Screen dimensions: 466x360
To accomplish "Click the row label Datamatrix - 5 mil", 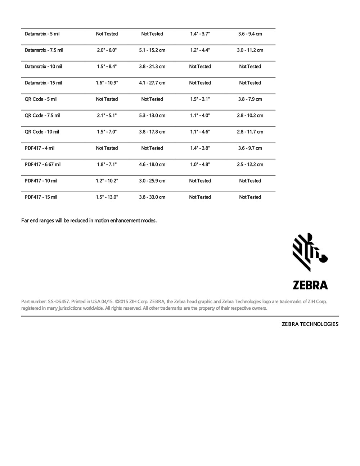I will (x=42, y=34).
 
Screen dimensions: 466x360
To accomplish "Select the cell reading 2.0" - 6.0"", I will (x=107, y=50).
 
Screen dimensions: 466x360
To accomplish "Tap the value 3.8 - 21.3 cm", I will (x=152, y=67).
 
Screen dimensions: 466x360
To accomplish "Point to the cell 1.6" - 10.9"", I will (x=107, y=83).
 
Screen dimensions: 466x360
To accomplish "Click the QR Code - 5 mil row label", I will (x=41, y=99).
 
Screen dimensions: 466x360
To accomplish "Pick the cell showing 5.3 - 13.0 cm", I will (x=152, y=116).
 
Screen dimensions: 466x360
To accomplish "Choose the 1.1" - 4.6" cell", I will (x=200, y=132).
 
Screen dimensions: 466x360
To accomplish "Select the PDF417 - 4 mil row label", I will (x=40, y=148).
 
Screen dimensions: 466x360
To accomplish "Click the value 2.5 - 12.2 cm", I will (x=250, y=165).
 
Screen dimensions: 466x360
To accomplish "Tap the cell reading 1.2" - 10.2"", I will (x=107, y=181).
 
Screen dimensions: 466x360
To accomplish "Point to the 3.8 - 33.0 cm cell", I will (x=152, y=197).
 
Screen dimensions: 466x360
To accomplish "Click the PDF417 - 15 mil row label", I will (x=41, y=197).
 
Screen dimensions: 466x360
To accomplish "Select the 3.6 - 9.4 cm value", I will (x=250, y=34).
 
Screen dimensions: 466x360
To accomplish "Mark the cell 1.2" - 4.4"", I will (x=200, y=50).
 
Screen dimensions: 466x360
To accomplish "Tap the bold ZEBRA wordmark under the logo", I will (x=310, y=285).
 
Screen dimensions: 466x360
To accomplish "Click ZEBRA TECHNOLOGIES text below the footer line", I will (x=310, y=324).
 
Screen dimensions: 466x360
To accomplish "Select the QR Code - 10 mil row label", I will (x=42, y=132).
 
